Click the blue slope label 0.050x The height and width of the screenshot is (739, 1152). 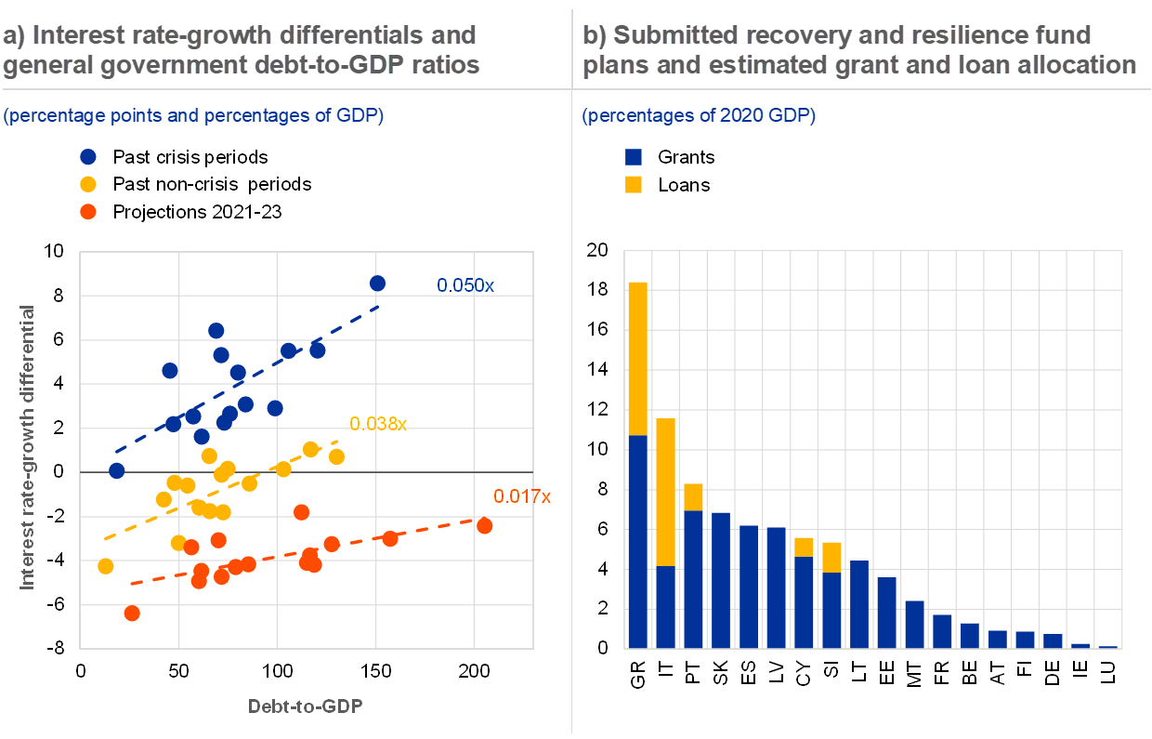point(465,285)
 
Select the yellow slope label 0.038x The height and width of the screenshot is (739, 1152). point(378,424)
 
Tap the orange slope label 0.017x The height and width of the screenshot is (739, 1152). point(522,496)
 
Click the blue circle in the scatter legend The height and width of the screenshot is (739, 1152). point(88,157)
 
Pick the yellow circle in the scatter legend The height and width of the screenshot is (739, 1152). point(88,184)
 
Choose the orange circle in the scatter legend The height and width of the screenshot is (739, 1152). point(88,211)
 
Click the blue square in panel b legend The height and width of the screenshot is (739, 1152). point(634,157)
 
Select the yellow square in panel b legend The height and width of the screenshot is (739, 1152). point(634,184)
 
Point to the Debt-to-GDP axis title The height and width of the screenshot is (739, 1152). point(305,706)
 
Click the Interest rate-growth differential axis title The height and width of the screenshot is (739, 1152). point(28,447)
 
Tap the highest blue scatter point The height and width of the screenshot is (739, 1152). point(377,283)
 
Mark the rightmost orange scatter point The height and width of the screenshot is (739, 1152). point(484,526)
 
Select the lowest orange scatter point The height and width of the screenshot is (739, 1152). point(132,613)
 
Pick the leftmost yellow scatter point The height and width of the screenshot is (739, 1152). point(106,566)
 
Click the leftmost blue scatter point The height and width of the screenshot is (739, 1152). point(116,470)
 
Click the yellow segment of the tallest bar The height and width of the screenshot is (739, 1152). point(637,358)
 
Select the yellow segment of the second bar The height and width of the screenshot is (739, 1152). point(665,492)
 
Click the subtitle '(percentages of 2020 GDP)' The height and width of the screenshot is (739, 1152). point(699,116)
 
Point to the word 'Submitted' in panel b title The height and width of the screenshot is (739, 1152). point(666,35)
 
